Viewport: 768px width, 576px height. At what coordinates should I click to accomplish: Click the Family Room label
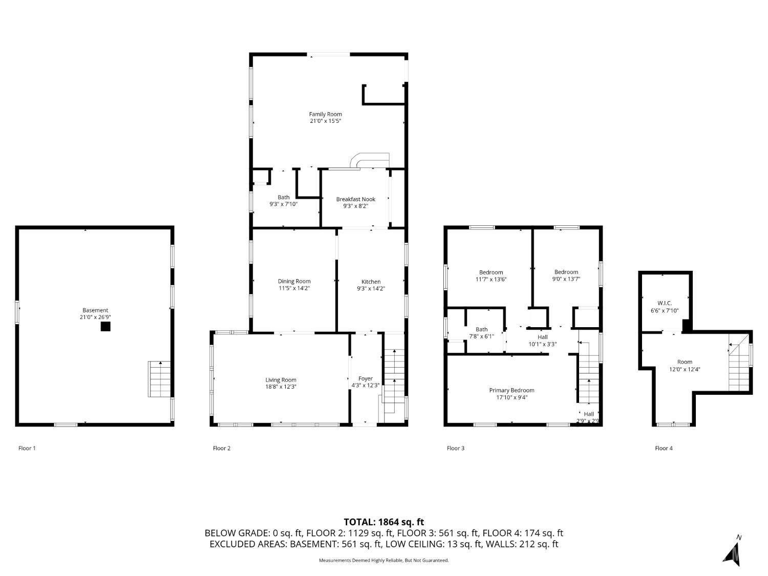point(325,114)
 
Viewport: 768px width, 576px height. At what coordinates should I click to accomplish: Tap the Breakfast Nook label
point(355,199)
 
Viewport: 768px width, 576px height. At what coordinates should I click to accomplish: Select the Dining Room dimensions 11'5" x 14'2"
point(294,288)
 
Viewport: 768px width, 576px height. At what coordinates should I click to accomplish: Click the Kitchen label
point(371,282)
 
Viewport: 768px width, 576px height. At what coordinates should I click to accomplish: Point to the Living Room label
point(281,380)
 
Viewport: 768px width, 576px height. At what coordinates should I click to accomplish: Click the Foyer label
point(365,378)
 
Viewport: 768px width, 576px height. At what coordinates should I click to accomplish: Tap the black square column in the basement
point(105,326)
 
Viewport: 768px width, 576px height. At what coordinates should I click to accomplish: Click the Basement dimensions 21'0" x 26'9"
point(95,317)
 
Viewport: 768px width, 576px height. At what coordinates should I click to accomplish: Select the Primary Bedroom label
point(511,390)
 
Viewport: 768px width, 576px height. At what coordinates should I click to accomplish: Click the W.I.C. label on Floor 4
point(665,303)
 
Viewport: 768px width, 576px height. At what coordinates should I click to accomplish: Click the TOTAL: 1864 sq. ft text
point(384,522)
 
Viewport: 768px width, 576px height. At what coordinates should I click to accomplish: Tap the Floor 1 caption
point(27,448)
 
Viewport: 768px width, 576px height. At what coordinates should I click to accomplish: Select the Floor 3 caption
point(456,448)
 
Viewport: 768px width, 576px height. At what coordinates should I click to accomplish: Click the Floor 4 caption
point(664,448)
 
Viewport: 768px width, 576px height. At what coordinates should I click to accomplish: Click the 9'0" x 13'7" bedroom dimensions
point(566,279)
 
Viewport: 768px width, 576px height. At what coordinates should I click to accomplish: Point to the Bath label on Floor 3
point(481,329)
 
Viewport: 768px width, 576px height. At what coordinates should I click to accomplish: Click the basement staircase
point(160,379)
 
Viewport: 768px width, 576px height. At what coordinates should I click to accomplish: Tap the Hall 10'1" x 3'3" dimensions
point(542,344)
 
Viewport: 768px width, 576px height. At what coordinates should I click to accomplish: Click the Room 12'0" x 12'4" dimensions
point(685,369)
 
